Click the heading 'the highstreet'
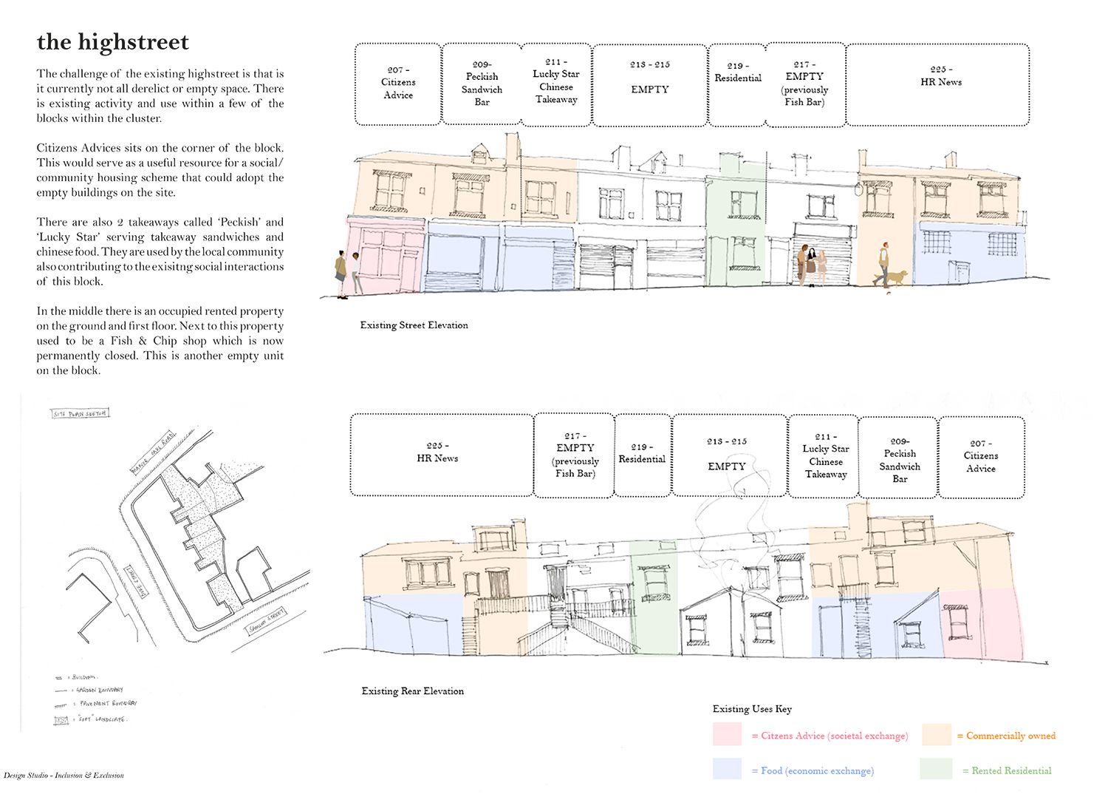pos(113,42)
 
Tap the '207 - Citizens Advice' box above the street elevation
pos(398,83)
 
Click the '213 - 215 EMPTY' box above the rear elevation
pos(728,455)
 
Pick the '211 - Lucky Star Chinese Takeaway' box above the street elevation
pos(556,83)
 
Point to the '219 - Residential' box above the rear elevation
pos(642,455)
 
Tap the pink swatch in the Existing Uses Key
pos(727,735)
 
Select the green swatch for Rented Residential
pos(936,770)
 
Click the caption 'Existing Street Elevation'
pos(414,325)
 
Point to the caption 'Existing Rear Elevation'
pos(412,691)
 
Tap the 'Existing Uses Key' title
pos(752,709)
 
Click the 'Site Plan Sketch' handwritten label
pos(81,413)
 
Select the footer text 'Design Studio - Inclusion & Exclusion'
pos(64,776)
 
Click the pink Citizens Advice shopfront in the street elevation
pos(385,255)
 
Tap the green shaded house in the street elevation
pos(735,222)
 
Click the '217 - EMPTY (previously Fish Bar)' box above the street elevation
pos(804,84)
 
